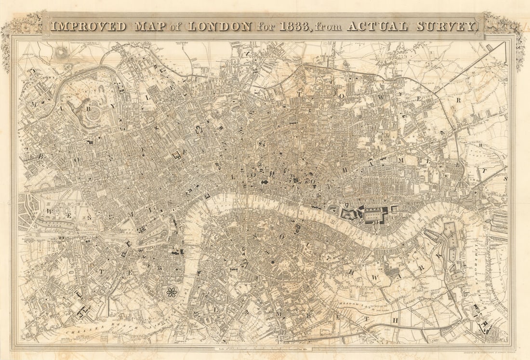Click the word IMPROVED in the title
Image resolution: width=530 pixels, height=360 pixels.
pos(88,26)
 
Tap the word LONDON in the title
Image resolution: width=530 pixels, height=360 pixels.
pos(219,26)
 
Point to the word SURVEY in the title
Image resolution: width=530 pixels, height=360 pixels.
pos(449,26)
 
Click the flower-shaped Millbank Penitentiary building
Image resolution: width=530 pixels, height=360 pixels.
pos(171,292)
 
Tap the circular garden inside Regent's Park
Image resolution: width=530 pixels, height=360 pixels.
pos(94,114)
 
